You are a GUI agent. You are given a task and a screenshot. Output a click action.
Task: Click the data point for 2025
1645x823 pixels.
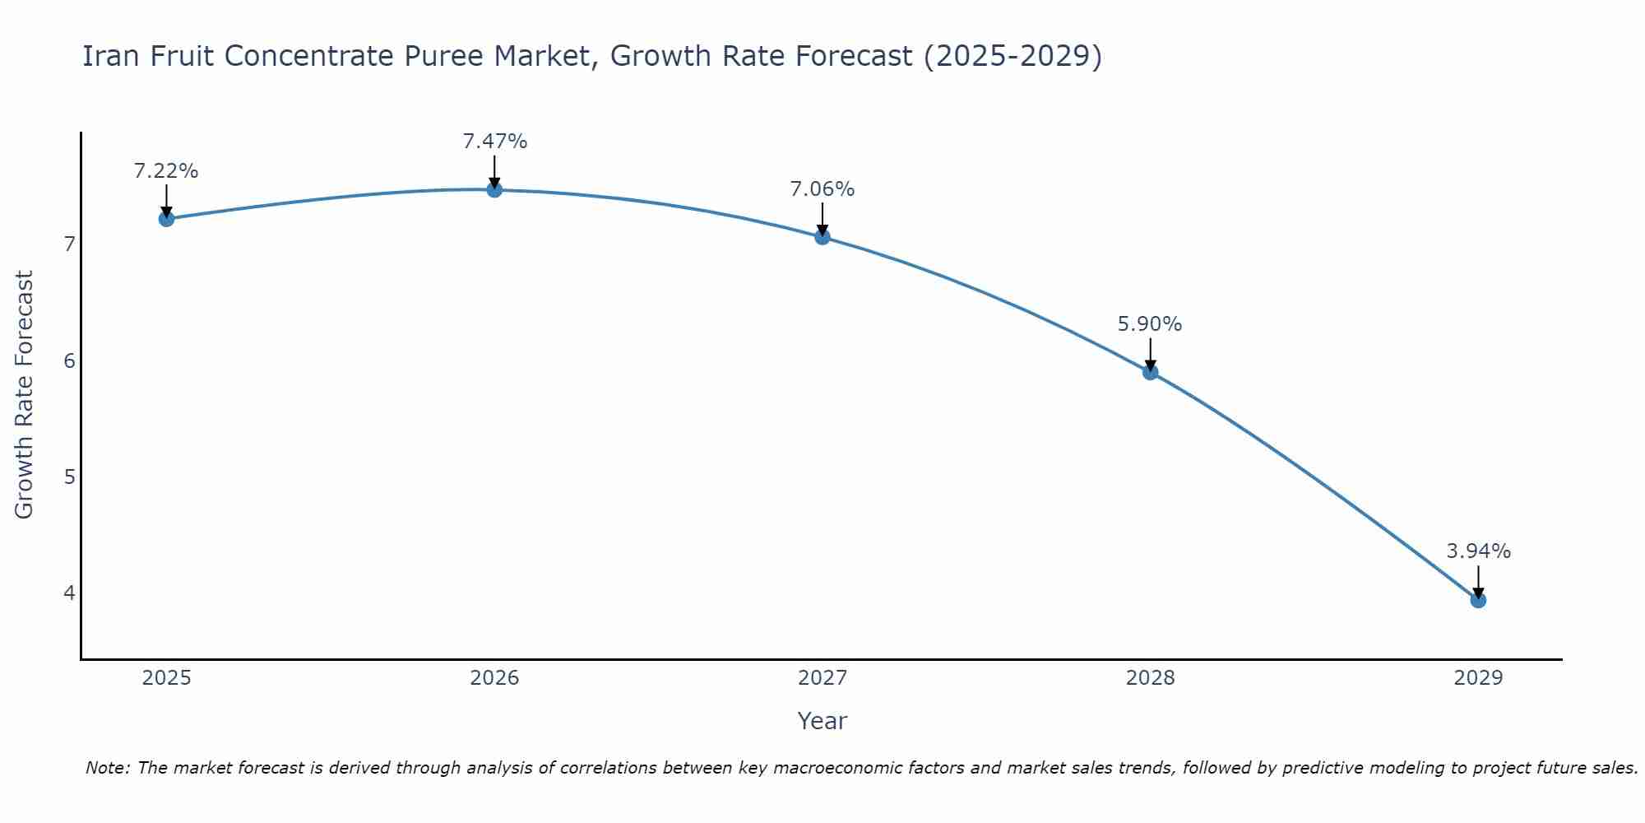tap(166, 218)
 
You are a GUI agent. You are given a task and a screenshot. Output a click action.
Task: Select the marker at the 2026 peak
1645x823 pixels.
tap(494, 189)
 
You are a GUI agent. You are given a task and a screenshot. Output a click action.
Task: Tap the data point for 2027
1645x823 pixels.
tap(822, 237)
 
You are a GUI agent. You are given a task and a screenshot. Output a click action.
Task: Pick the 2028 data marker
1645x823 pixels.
tap(1150, 372)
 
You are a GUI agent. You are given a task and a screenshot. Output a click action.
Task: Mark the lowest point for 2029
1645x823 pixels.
tap(1478, 600)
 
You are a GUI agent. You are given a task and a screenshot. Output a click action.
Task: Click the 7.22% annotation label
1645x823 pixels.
tap(166, 171)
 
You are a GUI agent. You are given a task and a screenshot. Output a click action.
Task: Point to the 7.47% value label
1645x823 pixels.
tap(494, 142)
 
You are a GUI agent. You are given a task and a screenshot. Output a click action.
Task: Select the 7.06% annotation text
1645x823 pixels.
tap(822, 189)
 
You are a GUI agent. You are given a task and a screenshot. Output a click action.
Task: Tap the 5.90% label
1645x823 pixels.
tap(1150, 324)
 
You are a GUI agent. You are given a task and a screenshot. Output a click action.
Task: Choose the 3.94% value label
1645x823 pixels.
tap(1478, 551)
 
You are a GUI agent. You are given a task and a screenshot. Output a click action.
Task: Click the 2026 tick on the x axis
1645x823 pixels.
tap(494, 678)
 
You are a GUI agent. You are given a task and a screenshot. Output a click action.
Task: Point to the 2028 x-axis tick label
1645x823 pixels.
tap(1150, 678)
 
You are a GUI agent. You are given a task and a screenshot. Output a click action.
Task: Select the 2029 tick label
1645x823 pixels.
tap(1478, 678)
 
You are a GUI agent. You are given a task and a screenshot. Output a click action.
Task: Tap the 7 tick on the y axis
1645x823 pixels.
tap(69, 244)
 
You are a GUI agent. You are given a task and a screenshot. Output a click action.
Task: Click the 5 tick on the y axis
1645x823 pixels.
tap(69, 477)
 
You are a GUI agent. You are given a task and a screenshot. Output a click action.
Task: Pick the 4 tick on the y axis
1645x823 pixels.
tap(69, 593)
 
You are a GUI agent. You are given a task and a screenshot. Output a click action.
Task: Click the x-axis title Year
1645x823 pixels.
tap(822, 721)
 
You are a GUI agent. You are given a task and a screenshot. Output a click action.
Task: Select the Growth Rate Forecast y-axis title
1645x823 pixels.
tap(25, 395)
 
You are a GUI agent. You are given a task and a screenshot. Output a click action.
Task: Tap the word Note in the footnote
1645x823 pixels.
tap(107, 768)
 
